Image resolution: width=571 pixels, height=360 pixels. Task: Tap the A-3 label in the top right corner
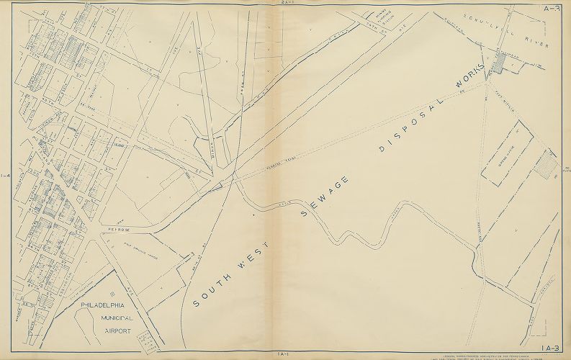tap(552, 9)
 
